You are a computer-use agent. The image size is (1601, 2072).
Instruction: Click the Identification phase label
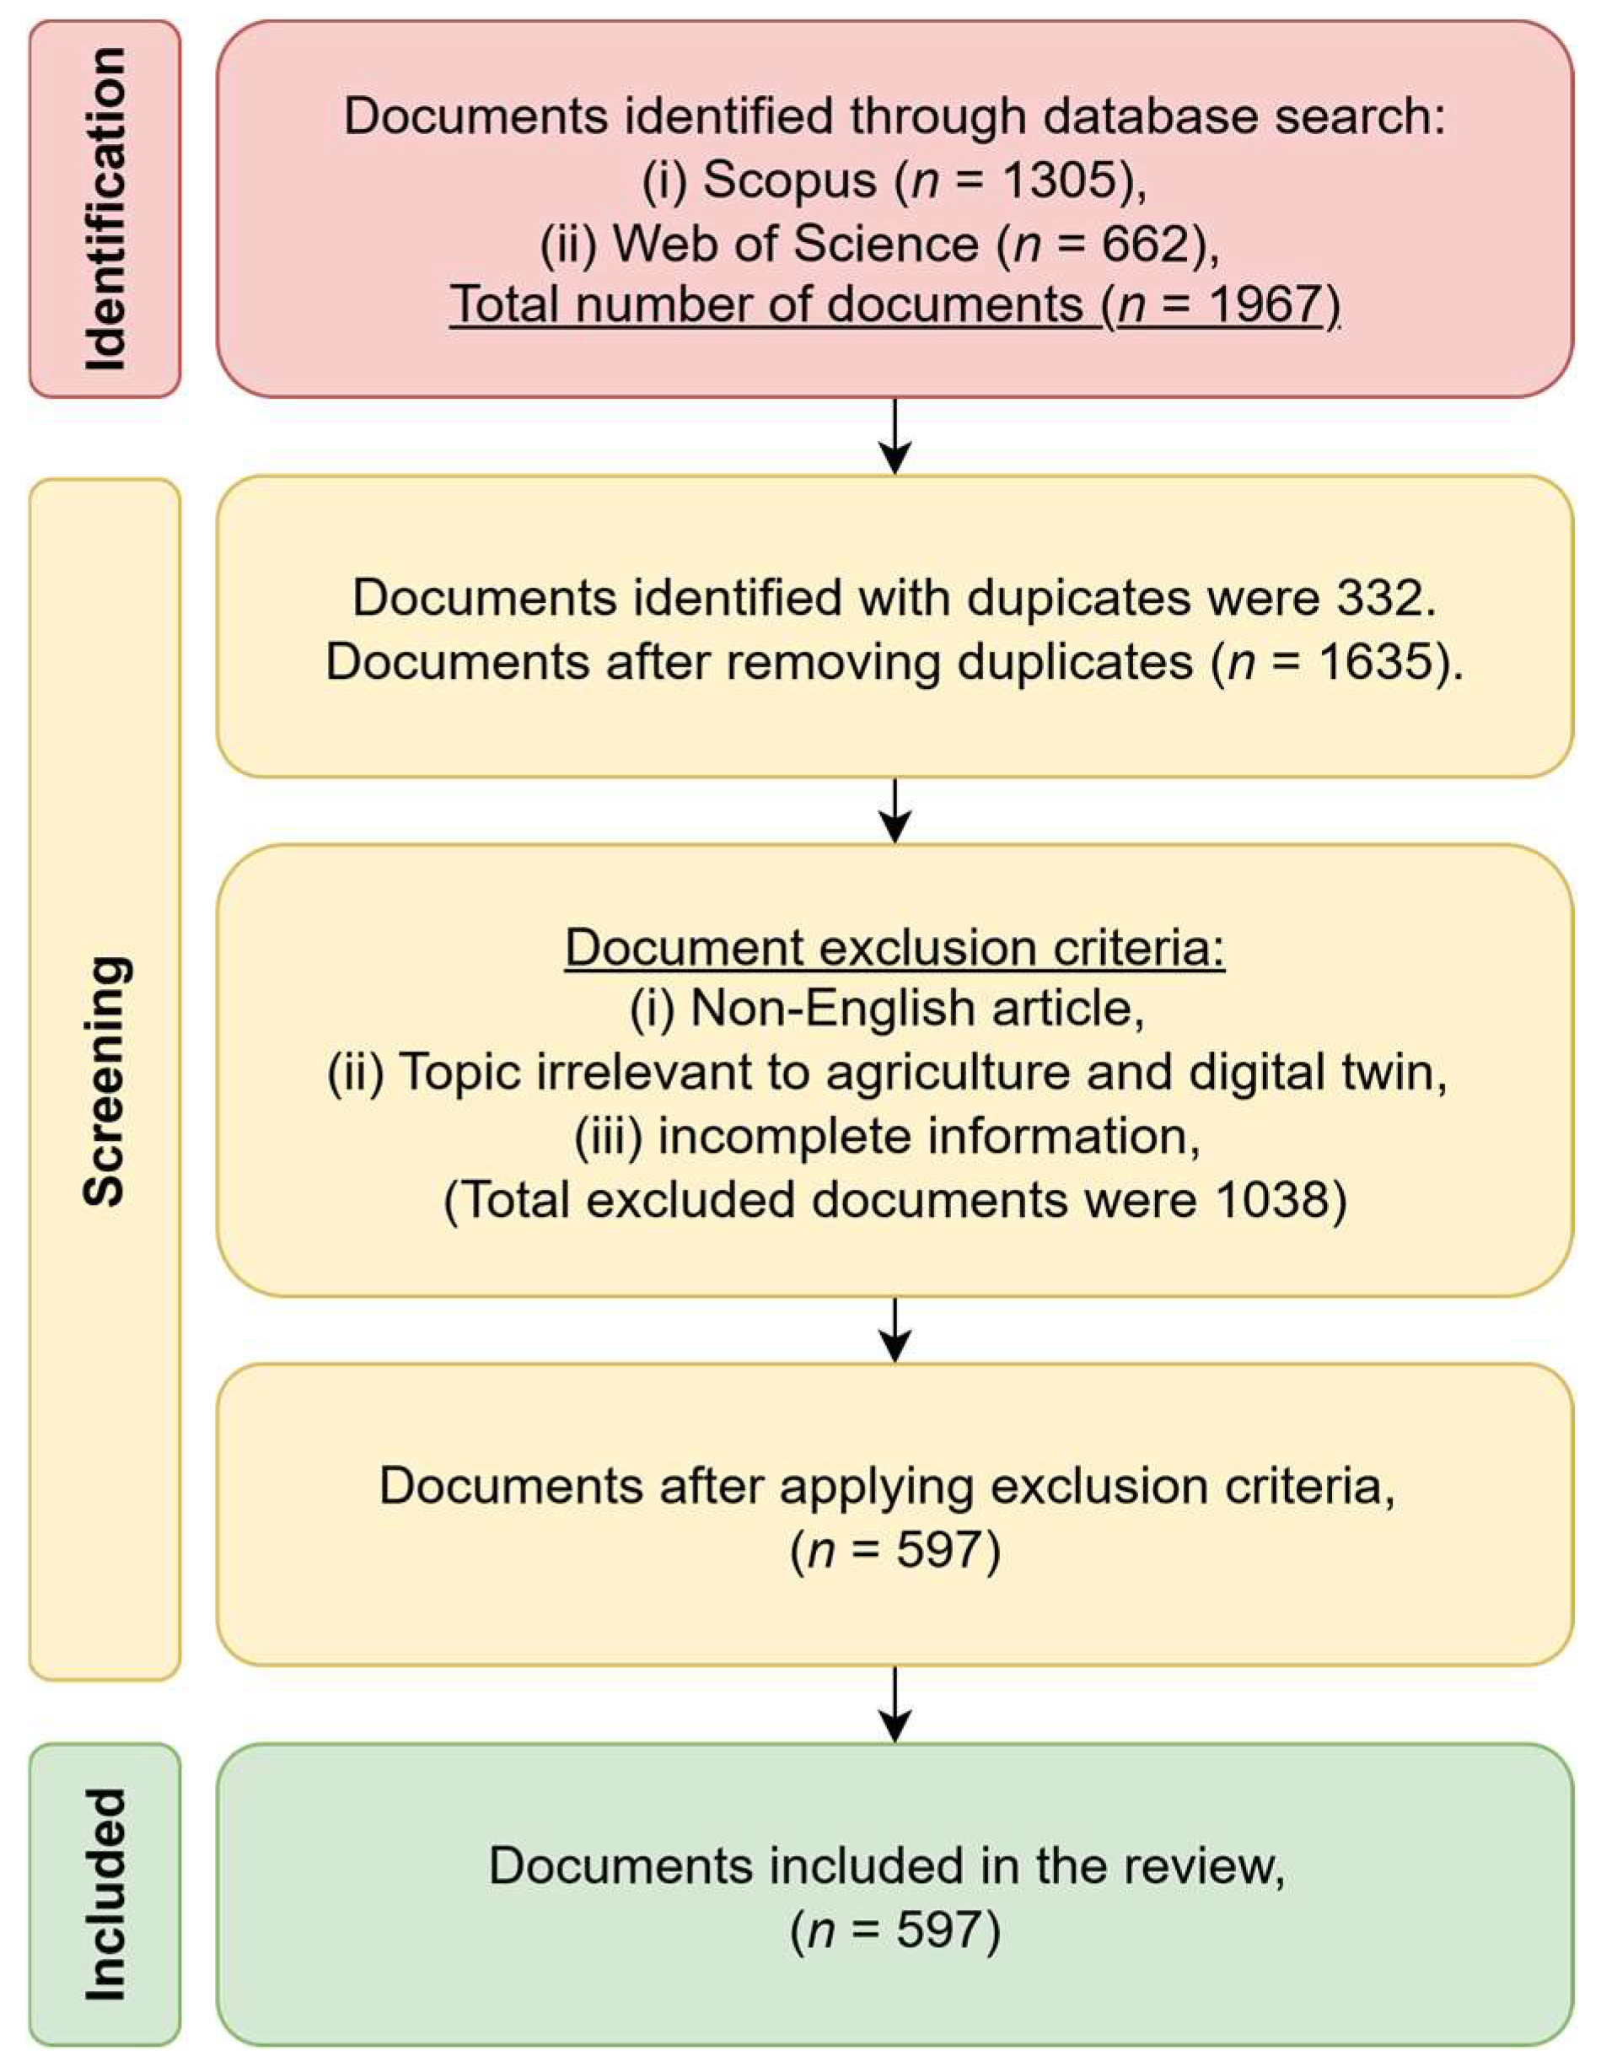coord(105,209)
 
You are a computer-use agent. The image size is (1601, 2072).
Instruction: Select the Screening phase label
coord(105,1080)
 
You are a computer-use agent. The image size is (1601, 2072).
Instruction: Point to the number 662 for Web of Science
coord(1145,244)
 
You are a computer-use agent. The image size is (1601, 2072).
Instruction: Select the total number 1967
coord(1267,304)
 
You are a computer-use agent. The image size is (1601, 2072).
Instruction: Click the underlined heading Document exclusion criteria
coord(895,948)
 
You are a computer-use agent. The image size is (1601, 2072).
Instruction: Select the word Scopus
coord(789,180)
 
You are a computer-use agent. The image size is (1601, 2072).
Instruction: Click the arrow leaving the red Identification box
coord(895,437)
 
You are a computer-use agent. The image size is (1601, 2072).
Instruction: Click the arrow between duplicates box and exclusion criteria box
coord(895,810)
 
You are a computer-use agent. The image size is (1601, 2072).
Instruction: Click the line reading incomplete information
coord(888,1137)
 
